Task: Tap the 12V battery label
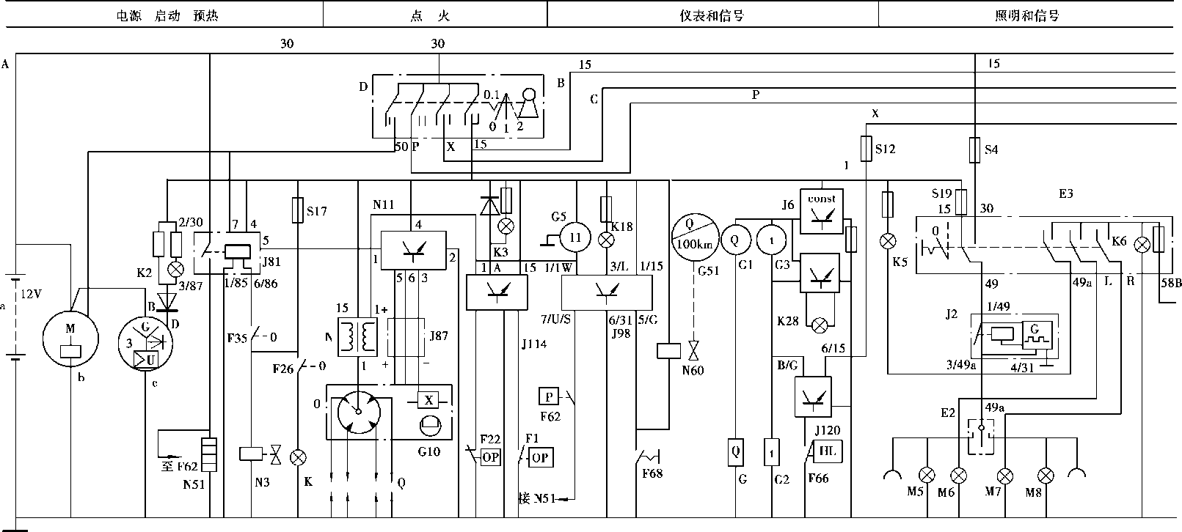[x=30, y=294]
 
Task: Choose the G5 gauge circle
[x=576, y=237]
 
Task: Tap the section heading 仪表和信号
[x=712, y=15]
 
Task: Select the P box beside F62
[x=549, y=396]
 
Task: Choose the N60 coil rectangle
[x=668, y=350]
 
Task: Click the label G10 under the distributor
[x=428, y=452]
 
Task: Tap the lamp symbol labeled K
[x=298, y=457]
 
